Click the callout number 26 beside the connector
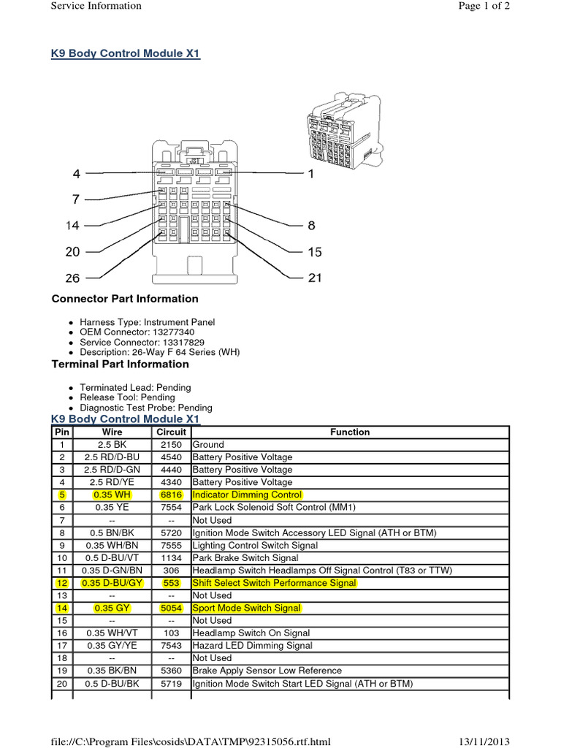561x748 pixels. pyautogui.click(x=72, y=278)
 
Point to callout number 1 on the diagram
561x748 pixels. pyautogui.click(x=310, y=174)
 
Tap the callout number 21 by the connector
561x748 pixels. pyautogui.click(x=315, y=278)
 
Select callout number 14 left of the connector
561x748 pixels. pyautogui.click(x=72, y=226)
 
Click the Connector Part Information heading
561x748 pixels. pyautogui.click(x=125, y=299)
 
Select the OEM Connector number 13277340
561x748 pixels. pyautogui.click(x=174, y=332)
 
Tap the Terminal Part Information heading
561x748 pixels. pyautogui.click(x=120, y=364)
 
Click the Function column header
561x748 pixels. pyautogui.click(x=350, y=432)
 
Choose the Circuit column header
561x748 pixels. pyautogui.click(x=171, y=432)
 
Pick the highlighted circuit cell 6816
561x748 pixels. pyautogui.click(x=171, y=495)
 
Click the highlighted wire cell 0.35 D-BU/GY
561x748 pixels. pyautogui.click(x=112, y=583)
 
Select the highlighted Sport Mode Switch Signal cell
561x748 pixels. pyautogui.click(x=246, y=608)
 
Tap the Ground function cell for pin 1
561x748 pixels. pyautogui.click(x=208, y=445)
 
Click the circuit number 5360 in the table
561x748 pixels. pyautogui.click(x=171, y=671)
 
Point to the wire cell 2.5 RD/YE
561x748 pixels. pyautogui.click(x=112, y=482)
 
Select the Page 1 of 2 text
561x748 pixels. pyautogui.click(x=483, y=6)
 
